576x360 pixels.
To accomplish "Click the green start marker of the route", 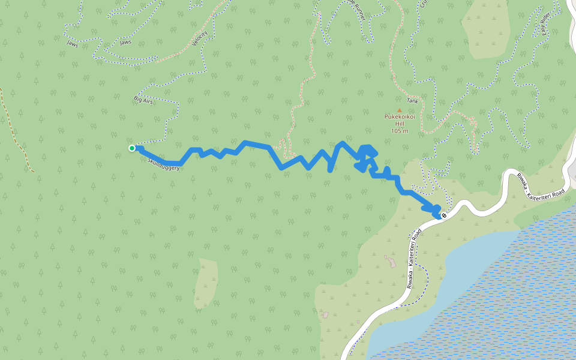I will point(132,148).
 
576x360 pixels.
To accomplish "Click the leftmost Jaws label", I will point(73,43).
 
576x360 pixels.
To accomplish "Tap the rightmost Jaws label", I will point(125,43).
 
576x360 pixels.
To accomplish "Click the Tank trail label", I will point(412,101).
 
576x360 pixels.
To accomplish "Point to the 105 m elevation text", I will point(399,131).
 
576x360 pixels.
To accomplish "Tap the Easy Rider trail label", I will point(546,25).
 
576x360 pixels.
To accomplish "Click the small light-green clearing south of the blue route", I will point(206,283).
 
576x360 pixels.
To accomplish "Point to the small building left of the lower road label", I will point(391,261).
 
